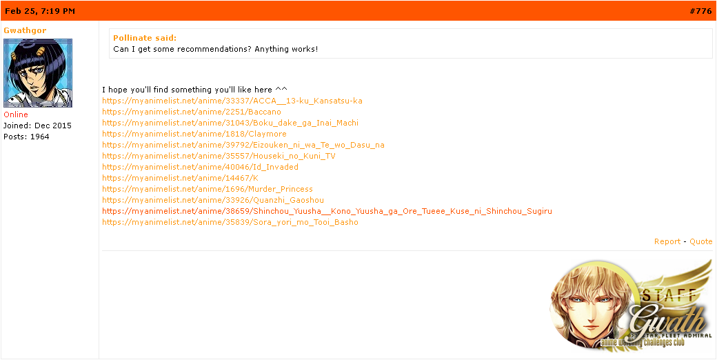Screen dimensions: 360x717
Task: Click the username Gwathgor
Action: coord(25,30)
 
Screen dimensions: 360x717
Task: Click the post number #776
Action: coord(700,11)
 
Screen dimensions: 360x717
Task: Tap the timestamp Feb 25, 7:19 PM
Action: coord(40,11)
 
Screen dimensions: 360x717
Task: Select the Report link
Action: coord(667,241)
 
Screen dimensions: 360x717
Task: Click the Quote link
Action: coord(701,241)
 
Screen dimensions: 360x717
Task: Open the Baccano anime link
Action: coord(192,112)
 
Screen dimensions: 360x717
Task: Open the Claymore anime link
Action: coord(194,134)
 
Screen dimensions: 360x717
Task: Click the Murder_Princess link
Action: coord(208,189)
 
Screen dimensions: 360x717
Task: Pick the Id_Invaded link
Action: coord(200,167)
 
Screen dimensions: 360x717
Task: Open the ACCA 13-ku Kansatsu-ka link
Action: coord(232,101)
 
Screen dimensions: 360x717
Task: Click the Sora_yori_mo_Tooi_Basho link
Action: coord(230,222)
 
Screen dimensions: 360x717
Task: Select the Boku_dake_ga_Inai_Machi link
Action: coord(230,123)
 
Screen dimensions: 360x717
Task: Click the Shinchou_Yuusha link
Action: coord(327,211)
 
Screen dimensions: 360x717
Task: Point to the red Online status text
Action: coord(16,114)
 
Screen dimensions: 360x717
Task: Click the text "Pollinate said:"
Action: coord(145,38)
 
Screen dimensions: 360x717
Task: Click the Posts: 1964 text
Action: coord(26,137)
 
